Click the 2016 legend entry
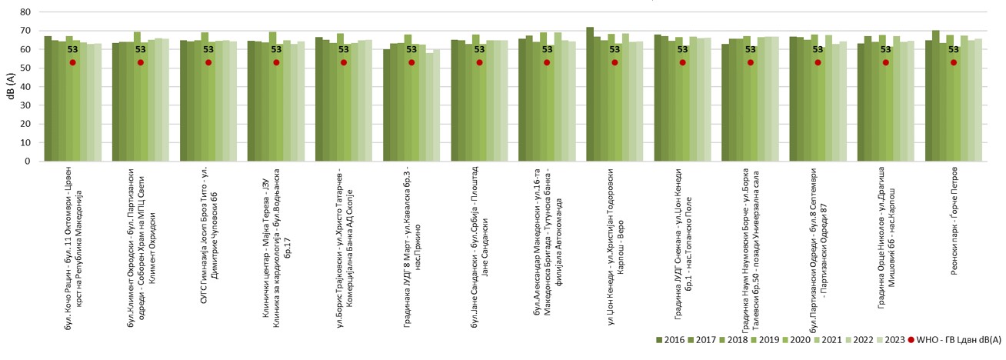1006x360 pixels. (x=669, y=339)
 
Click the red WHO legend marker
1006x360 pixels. (x=912, y=339)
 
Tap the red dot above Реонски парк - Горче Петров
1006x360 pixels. (x=954, y=62)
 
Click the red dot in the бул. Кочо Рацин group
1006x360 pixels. (x=73, y=62)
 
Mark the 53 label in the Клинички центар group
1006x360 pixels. (x=276, y=50)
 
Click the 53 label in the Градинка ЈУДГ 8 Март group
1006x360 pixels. (x=411, y=50)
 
